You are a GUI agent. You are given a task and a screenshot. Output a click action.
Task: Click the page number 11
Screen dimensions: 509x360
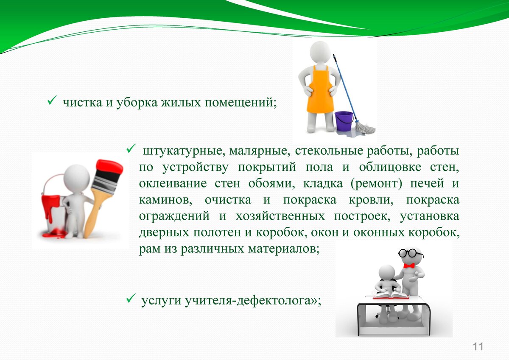pyautogui.click(x=478, y=347)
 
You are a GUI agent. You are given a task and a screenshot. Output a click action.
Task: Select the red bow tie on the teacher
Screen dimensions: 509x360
pyautogui.click(x=409, y=265)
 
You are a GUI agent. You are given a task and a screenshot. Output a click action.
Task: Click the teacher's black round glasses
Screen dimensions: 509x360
pyautogui.click(x=411, y=253)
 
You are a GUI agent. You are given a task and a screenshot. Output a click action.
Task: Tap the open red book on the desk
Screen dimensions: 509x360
pyautogui.click(x=391, y=296)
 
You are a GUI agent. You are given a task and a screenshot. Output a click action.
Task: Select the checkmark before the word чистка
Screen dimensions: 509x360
pyautogui.click(x=52, y=100)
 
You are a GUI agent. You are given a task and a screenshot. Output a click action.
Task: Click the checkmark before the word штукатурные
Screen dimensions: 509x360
pyautogui.click(x=131, y=148)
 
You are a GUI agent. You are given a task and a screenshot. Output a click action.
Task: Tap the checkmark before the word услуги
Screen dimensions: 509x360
pyautogui.click(x=131, y=298)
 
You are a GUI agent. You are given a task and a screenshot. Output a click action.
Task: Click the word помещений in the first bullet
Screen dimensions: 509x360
pyautogui.click(x=241, y=103)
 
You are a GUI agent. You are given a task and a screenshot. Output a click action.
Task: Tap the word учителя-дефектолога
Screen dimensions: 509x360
pyautogui.click(x=248, y=301)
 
